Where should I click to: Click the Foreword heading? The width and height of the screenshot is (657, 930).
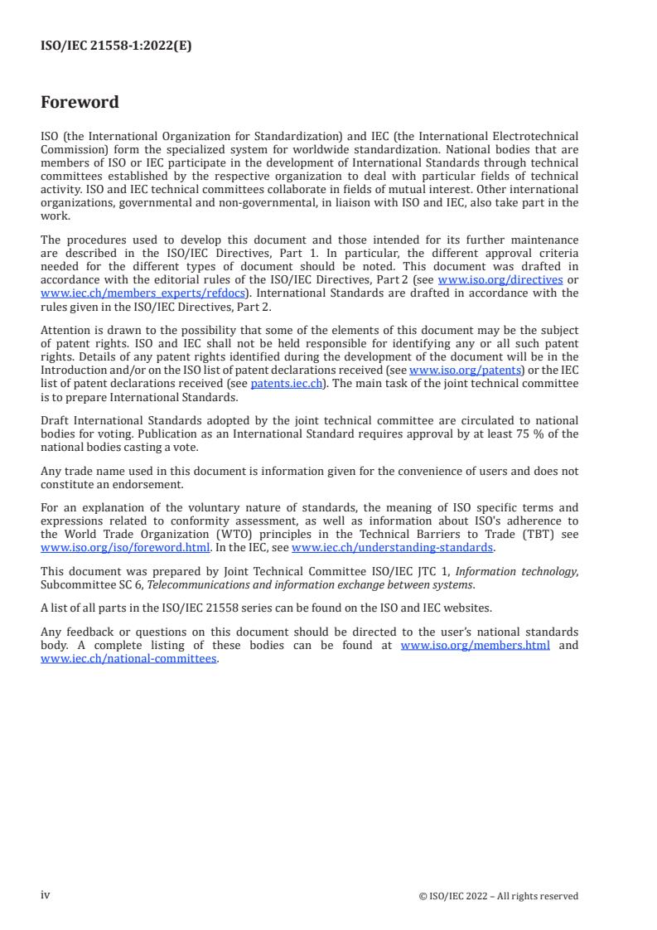80,103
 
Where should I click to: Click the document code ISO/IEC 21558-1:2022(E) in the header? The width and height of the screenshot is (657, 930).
116,46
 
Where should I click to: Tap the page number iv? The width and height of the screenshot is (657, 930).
46,895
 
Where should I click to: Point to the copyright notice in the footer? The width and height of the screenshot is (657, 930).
499,896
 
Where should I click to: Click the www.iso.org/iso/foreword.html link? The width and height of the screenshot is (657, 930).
125,547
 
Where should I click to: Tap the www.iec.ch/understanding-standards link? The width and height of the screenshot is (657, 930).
393,547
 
